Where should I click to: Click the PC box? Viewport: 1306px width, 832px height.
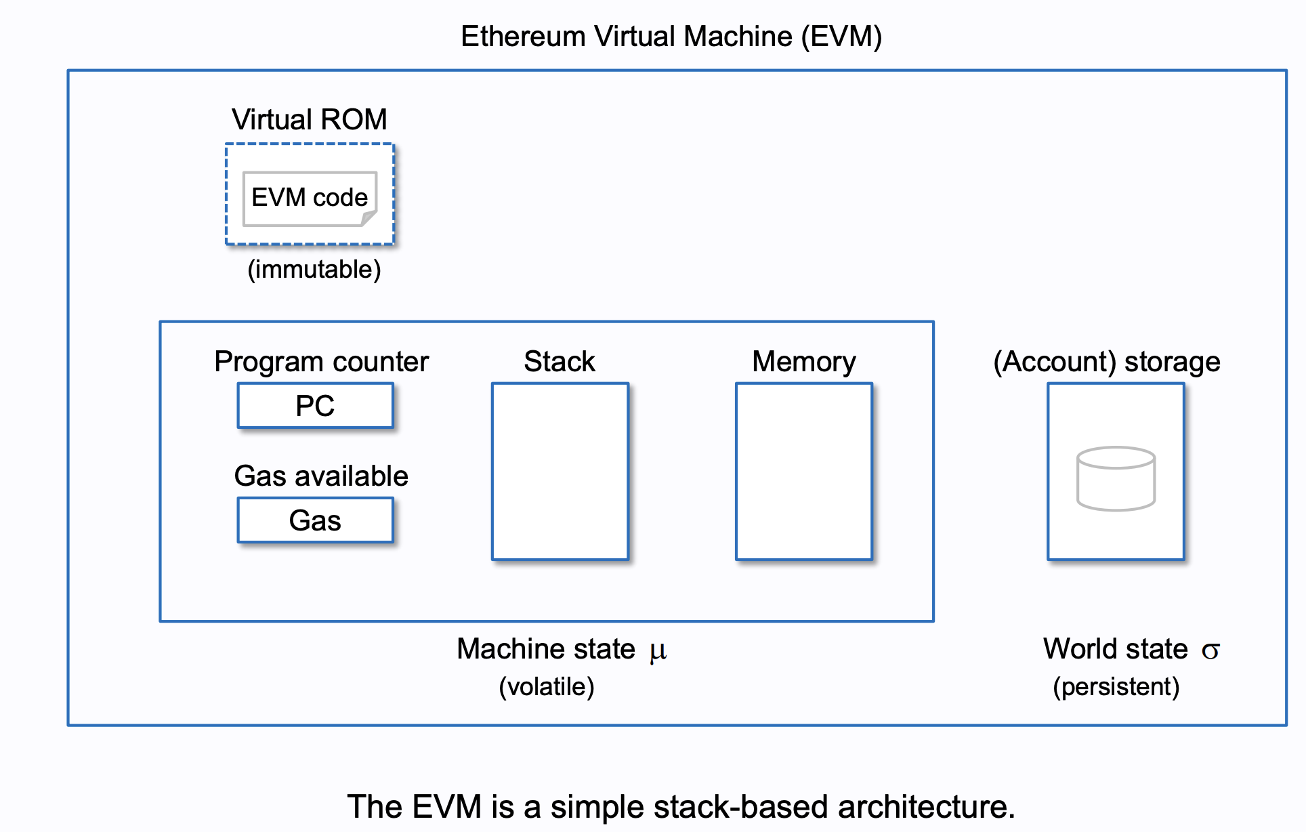coord(315,406)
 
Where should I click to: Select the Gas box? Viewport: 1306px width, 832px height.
coord(315,520)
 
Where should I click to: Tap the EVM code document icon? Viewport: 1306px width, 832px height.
coord(309,198)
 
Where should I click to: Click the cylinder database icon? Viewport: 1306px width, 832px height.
coord(1116,478)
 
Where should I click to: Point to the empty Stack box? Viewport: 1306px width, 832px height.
coord(560,472)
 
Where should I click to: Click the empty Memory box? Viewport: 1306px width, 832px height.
coord(804,472)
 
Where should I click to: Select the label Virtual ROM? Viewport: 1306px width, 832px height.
coord(309,120)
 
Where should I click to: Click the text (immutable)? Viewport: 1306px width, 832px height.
coord(314,270)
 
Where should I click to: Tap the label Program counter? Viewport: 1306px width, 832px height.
coord(321,362)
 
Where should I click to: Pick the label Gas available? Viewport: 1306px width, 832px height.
coord(321,476)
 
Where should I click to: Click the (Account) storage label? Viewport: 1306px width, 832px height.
coord(1106,362)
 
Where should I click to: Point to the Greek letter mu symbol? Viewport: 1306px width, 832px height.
coord(658,651)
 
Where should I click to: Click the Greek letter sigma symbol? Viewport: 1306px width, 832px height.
coord(1210,651)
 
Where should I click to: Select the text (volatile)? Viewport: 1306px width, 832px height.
coord(547,687)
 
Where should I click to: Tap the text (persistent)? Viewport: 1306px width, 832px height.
coord(1116,687)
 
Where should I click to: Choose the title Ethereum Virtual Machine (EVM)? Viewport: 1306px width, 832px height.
coord(671,37)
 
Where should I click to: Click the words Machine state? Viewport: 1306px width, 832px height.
coord(546,649)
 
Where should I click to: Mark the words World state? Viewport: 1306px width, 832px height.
coord(1115,649)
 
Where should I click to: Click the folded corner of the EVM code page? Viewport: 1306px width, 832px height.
coord(368,218)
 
